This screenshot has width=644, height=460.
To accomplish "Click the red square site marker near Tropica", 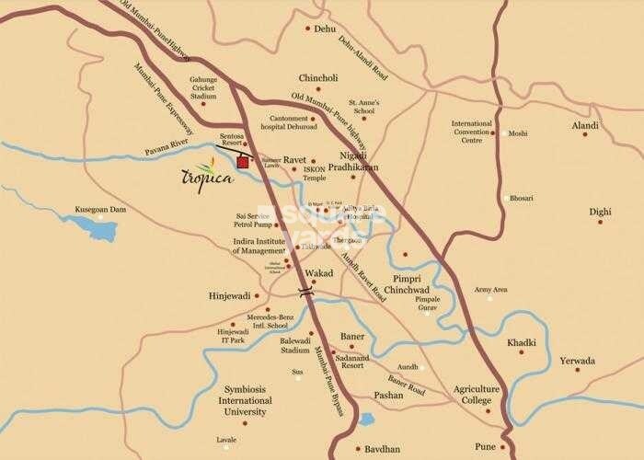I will pyautogui.click(x=243, y=163).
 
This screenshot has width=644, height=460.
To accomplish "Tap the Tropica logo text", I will pyautogui.click(x=200, y=176).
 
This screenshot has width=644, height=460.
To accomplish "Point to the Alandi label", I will pyautogui.click(x=585, y=125).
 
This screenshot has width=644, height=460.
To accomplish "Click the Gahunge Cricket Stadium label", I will pyautogui.click(x=203, y=87).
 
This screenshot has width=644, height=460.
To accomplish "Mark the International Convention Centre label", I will pyautogui.click(x=472, y=132).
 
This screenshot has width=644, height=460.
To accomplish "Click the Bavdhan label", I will pyautogui.click(x=385, y=449).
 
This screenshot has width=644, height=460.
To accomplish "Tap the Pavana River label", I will pyautogui.click(x=167, y=150).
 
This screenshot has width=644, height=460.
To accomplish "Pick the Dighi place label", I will pyautogui.click(x=600, y=211).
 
